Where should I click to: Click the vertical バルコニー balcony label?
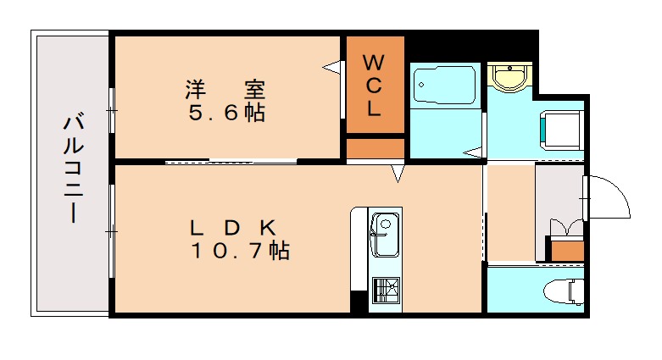click(x=72, y=169)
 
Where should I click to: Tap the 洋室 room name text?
click(x=225, y=89)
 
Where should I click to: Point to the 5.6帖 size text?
click(x=225, y=113)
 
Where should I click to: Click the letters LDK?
click(x=231, y=227)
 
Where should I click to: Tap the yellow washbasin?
click(x=510, y=77)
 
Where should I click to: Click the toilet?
click(x=565, y=291)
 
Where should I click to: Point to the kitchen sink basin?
click(x=385, y=235)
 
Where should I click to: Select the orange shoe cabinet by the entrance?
click(x=565, y=249)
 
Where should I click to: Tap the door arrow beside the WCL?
click(x=331, y=64)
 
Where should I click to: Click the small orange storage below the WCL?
click(x=375, y=147)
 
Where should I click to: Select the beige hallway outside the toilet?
click(x=510, y=212)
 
